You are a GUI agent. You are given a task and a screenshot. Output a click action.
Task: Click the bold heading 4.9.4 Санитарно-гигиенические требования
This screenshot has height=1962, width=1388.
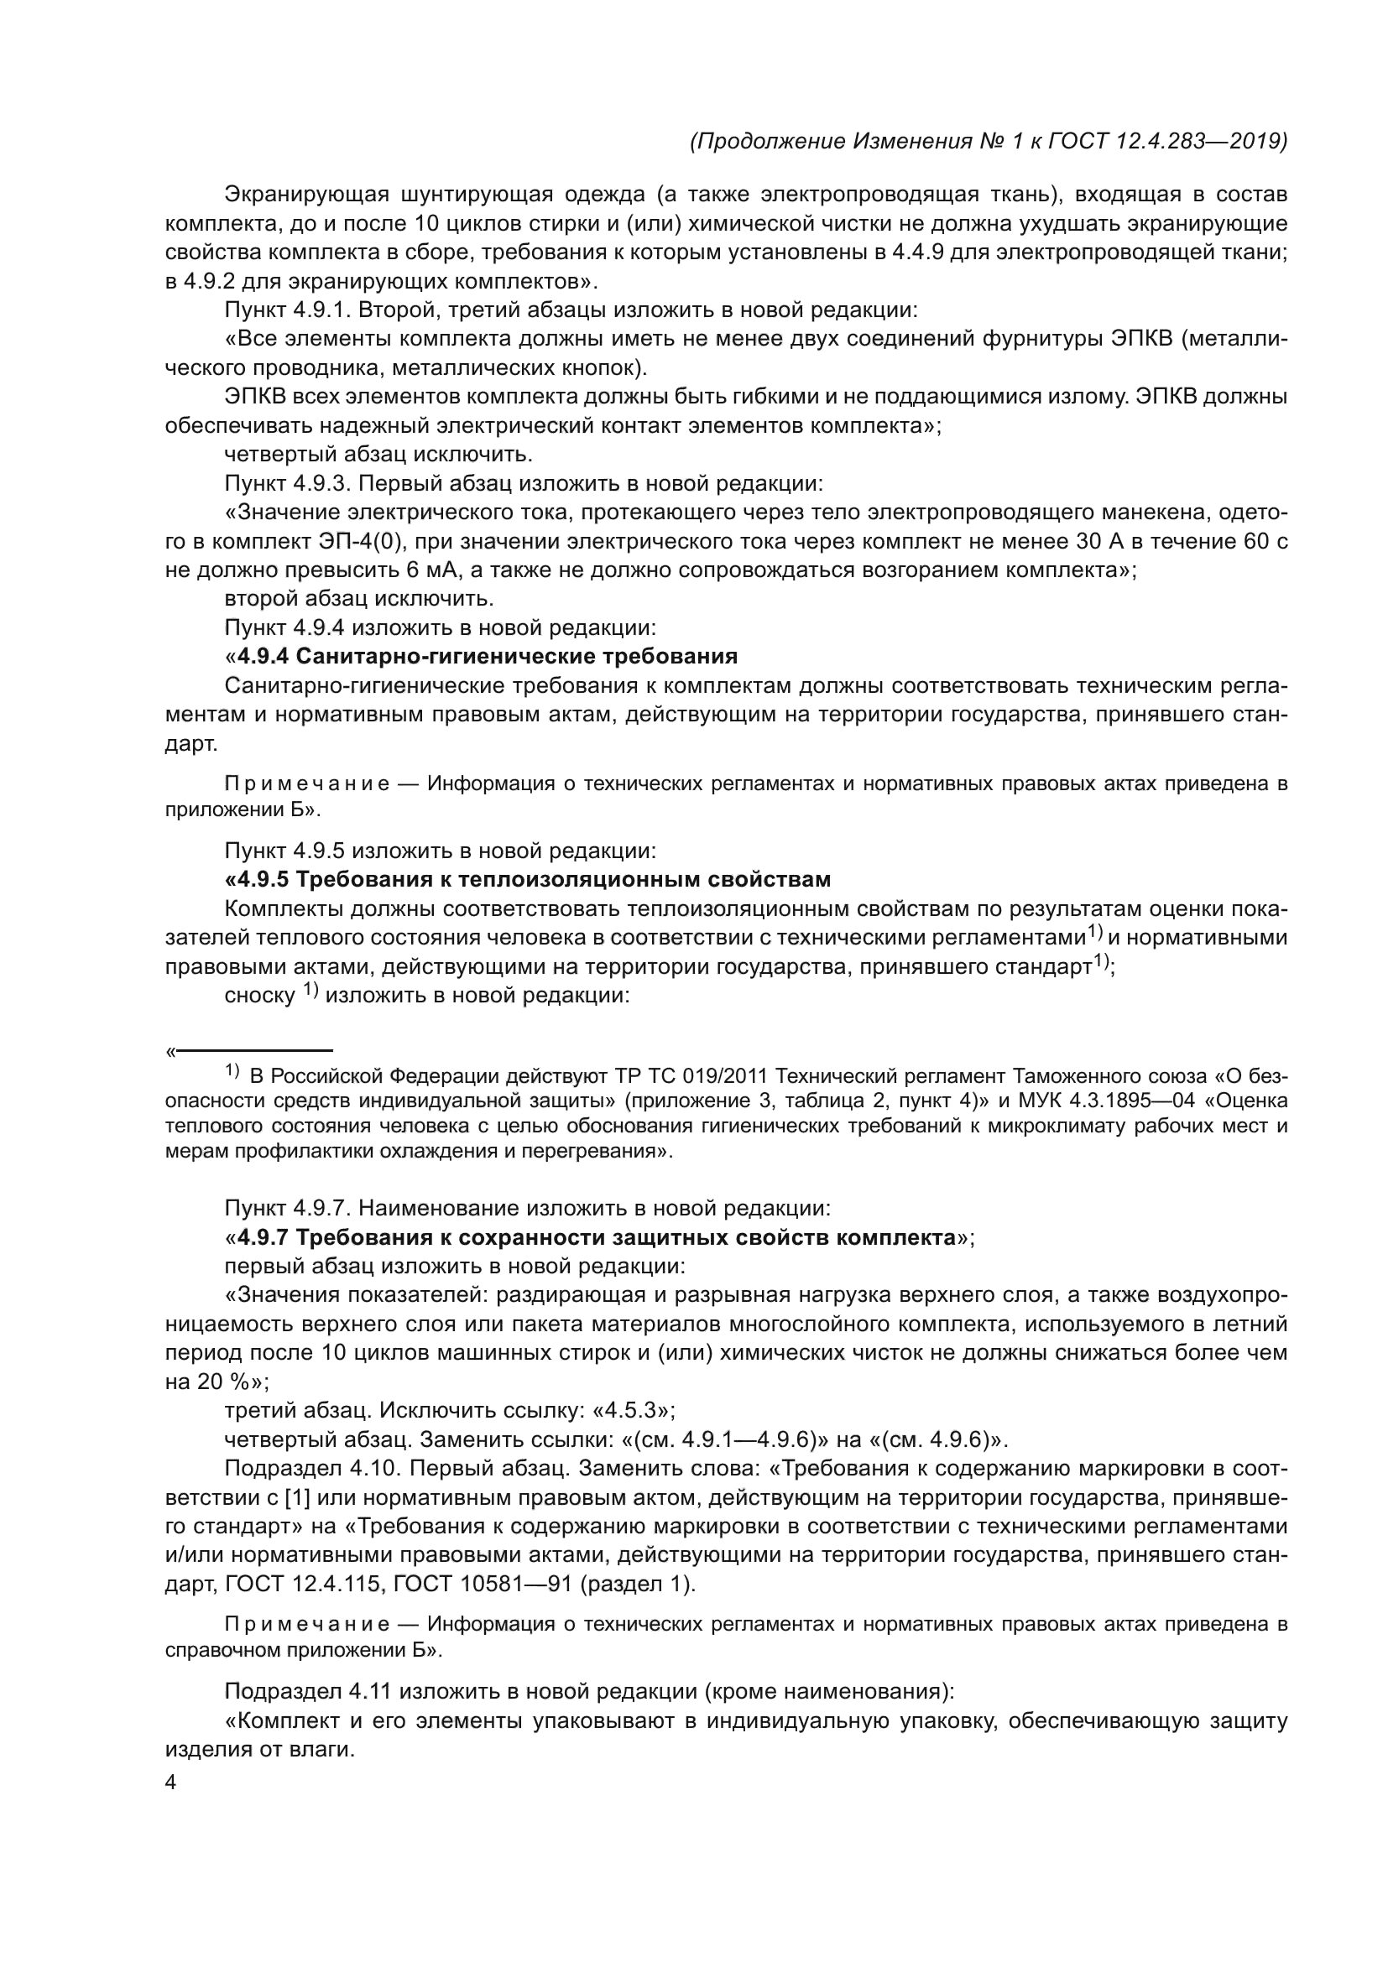click(x=488, y=656)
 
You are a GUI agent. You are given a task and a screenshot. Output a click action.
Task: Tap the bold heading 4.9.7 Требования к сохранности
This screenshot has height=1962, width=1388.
click(x=596, y=1237)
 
